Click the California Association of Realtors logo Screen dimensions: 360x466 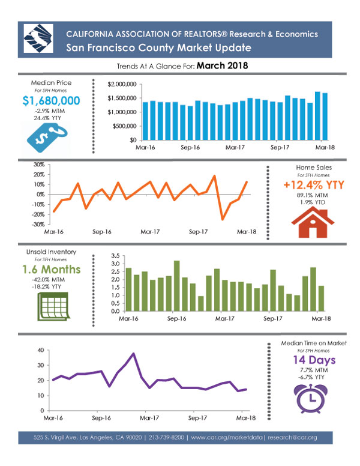point(38,38)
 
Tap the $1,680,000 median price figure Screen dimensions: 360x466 point(51,101)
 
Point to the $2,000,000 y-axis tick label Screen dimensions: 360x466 point(122,85)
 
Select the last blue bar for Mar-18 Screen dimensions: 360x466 point(325,116)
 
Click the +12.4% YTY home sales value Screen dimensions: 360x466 point(314,185)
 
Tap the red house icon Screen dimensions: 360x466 point(313,222)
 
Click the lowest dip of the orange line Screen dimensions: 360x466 point(222,220)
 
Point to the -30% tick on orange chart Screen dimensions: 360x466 point(38,225)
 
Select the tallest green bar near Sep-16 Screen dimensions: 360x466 point(177,286)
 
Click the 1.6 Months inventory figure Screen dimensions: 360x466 point(52,269)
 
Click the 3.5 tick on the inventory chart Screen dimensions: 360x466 point(115,256)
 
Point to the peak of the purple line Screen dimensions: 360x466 point(133,353)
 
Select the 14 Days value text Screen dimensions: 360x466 point(314,360)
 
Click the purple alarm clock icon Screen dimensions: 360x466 point(311,398)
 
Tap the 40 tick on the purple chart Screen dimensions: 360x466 point(41,350)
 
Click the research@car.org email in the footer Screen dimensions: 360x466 point(292,437)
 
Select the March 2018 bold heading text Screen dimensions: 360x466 point(222,65)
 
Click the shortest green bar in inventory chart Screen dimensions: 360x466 point(201,304)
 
